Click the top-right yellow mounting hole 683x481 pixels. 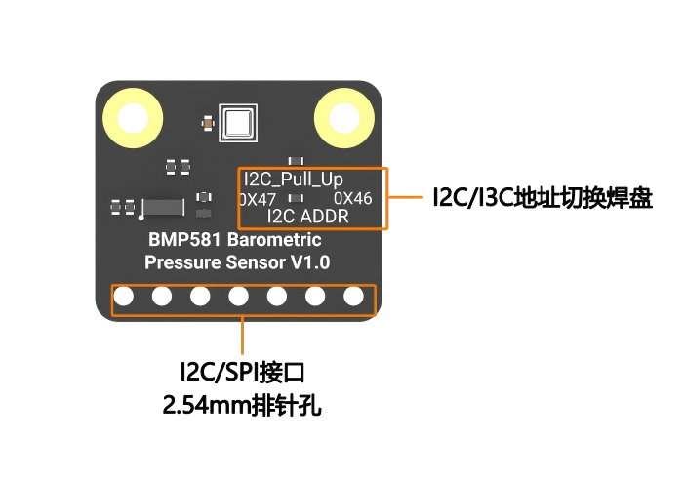click(343, 117)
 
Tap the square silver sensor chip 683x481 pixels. click(236, 123)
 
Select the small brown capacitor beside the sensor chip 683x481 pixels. click(207, 123)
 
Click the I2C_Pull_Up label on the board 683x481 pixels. click(293, 180)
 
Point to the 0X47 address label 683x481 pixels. click(258, 199)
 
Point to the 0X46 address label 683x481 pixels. click(352, 199)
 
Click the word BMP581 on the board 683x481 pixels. click(181, 241)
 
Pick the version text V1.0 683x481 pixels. click(309, 262)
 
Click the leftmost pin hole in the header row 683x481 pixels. click(124, 296)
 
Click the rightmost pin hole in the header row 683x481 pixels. click(353, 296)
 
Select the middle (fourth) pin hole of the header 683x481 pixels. click(238, 296)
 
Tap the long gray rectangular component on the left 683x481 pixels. click(163, 207)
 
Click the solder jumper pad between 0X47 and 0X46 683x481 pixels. click(294, 199)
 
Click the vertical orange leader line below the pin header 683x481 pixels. click(242, 337)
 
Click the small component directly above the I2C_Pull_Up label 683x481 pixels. click(295, 161)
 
